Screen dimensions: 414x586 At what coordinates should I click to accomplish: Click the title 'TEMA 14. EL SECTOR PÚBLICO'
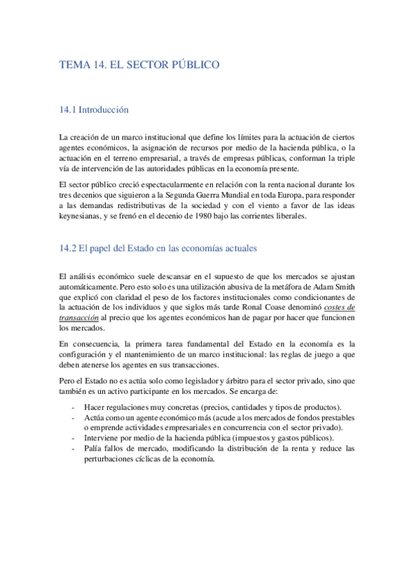point(140,65)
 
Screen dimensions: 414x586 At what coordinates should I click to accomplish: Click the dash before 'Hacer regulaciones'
point(73,407)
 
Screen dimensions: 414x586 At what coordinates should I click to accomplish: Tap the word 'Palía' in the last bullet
point(93,448)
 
